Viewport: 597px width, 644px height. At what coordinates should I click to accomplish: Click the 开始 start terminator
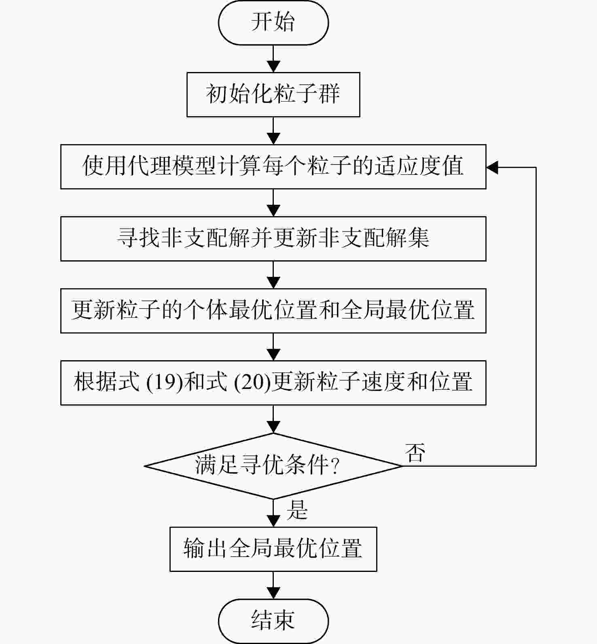pyautogui.click(x=273, y=22)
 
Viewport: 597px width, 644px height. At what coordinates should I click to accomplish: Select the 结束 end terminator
pyautogui.click(x=273, y=621)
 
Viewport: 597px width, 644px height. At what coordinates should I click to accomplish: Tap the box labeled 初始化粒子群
pyautogui.click(x=273, y=95)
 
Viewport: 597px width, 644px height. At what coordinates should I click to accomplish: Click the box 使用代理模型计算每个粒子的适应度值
pyautogui.click(x=273, y=167)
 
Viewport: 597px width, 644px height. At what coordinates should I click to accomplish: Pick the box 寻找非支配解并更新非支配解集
pyautogui.click(x=273, y=239)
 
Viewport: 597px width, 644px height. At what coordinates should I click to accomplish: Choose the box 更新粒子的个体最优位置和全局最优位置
pyautogui.click(x=273, y=311)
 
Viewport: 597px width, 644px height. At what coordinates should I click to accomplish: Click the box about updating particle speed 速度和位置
pyautogui.click(x=273, y=383)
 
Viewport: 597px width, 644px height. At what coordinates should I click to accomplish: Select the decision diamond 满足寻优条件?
pyautogui.click(x=273, y=466)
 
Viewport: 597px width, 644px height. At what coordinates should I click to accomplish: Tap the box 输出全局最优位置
pyautogui.click(x=273, y=549)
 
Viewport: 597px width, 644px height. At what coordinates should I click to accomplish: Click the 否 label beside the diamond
pyautogui.click(x=415, y=453)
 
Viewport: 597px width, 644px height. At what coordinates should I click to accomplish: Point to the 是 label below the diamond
pyautogui.click(x=297, y=510)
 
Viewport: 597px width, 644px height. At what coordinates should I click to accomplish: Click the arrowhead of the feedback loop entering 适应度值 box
pyautogui.click(x=492, y=167)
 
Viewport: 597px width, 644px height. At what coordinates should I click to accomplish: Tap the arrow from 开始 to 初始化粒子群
pyautogui.click(x=273, y=59)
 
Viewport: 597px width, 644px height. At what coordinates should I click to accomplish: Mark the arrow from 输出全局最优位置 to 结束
pyautogui.click(x=273, y=585)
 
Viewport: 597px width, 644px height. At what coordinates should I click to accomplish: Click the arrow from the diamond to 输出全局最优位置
pyautogui.click(x=273, y=513)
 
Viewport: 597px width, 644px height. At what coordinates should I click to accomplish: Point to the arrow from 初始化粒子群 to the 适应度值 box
pyautogui.click(x=273, y=131)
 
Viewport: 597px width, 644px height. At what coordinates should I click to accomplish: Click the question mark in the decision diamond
pyautogui.click(x=334, y=466)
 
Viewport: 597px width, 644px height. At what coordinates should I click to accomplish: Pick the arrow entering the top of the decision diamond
pyautogui.click(x=273, y=419)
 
